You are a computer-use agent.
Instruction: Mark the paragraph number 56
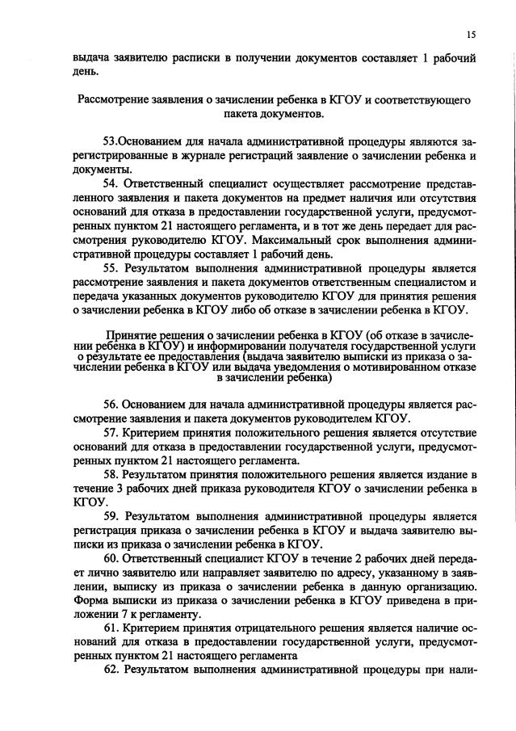(x=111, y=405)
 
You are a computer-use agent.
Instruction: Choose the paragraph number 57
(x=111, y=433)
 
